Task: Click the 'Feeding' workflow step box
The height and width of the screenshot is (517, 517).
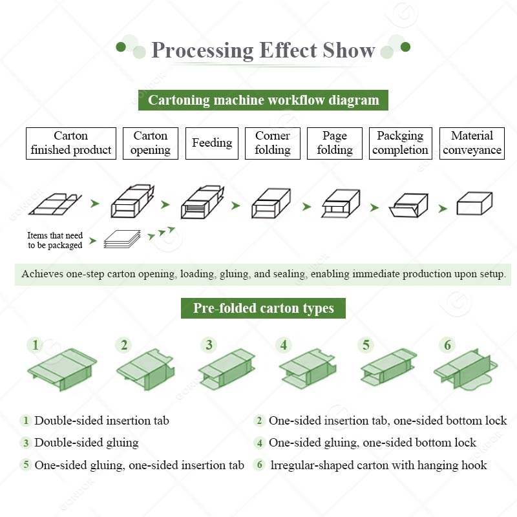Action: click(212, 143)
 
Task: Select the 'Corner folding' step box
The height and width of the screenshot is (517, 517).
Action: click(272, 143)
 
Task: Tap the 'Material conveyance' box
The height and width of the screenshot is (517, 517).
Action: click(472, 143)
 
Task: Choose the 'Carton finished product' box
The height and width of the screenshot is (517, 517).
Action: click(71, 143)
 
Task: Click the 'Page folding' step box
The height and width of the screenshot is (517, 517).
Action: click(334, 143)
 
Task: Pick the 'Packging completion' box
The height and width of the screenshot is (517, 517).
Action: click(400, 143)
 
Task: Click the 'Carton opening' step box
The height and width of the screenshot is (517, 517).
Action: click(151, 143)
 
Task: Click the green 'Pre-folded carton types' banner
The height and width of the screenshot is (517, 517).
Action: click(263, 308)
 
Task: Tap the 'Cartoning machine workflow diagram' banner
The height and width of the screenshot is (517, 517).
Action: click(263, 100)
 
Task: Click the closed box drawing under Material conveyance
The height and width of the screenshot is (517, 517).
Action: click(475, 204)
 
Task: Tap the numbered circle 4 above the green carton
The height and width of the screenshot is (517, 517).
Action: click(283, 345)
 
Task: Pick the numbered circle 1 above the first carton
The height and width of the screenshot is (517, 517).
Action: click(36, 345)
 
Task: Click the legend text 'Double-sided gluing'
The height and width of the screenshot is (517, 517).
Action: click(86, 443)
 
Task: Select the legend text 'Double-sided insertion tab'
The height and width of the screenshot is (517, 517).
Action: click(101, 421)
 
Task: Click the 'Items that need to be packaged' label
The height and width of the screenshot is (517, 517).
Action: click(55, 240)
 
